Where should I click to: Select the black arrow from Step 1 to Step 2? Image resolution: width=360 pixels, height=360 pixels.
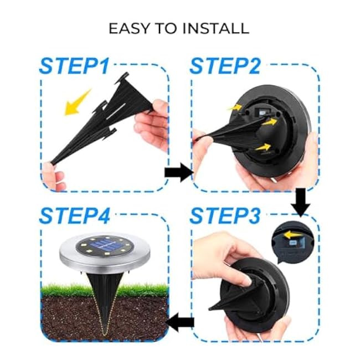(x=177, y=172)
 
